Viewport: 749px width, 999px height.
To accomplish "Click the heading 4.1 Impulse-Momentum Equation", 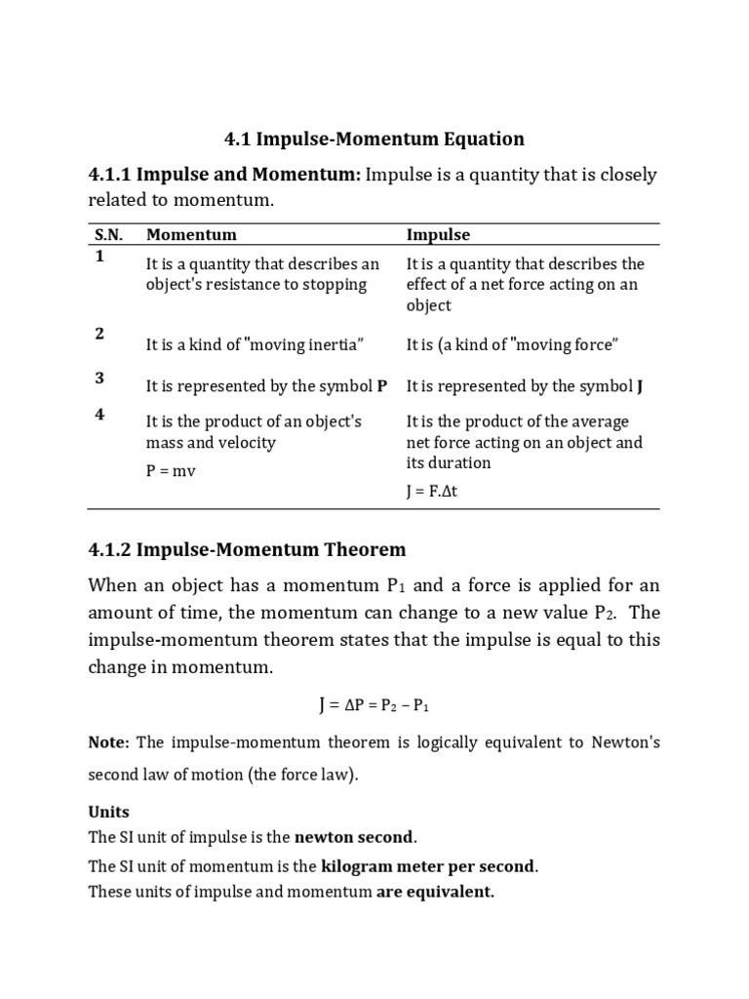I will pyautogui.click(x=374, y=139).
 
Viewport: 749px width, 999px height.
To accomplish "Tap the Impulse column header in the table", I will pyautogui.click(x=438, y=235).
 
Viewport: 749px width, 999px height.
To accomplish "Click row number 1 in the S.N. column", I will pyautogui.click(x=99, y=257).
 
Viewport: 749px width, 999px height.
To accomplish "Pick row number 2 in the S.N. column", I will pyautogui.click(x=99, y=334).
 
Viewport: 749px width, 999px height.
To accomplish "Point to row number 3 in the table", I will pyautogui.click(x=99, y=379).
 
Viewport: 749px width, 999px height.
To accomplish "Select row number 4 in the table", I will pyautogui.click(x=99, y=415).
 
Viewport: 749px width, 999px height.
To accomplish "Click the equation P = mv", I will pyautogui.click(x=171, y=471).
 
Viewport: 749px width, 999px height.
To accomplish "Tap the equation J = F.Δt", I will pyautogui.click(x=431, y=492).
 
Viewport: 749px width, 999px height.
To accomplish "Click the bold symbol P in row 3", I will pyautogui.click(x=382, y=386).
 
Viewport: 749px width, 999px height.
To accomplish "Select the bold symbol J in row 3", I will pyautogui.click(x=640, y=386).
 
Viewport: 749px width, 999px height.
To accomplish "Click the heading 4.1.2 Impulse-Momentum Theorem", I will pyautogui.click(x=247, y=549).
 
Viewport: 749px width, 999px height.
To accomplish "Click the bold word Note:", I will pyautogui.click(x=108, y=742).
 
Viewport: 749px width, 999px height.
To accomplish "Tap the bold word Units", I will pyautogui.click(x=108, y=812).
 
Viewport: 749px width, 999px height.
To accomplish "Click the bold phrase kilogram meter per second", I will pyautogui.click(x=428, y=866).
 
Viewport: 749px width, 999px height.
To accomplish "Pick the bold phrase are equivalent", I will pyautogui.click(x=435, y=891).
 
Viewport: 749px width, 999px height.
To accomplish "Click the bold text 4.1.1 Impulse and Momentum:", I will pyautogui.click(x=224, y=175).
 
